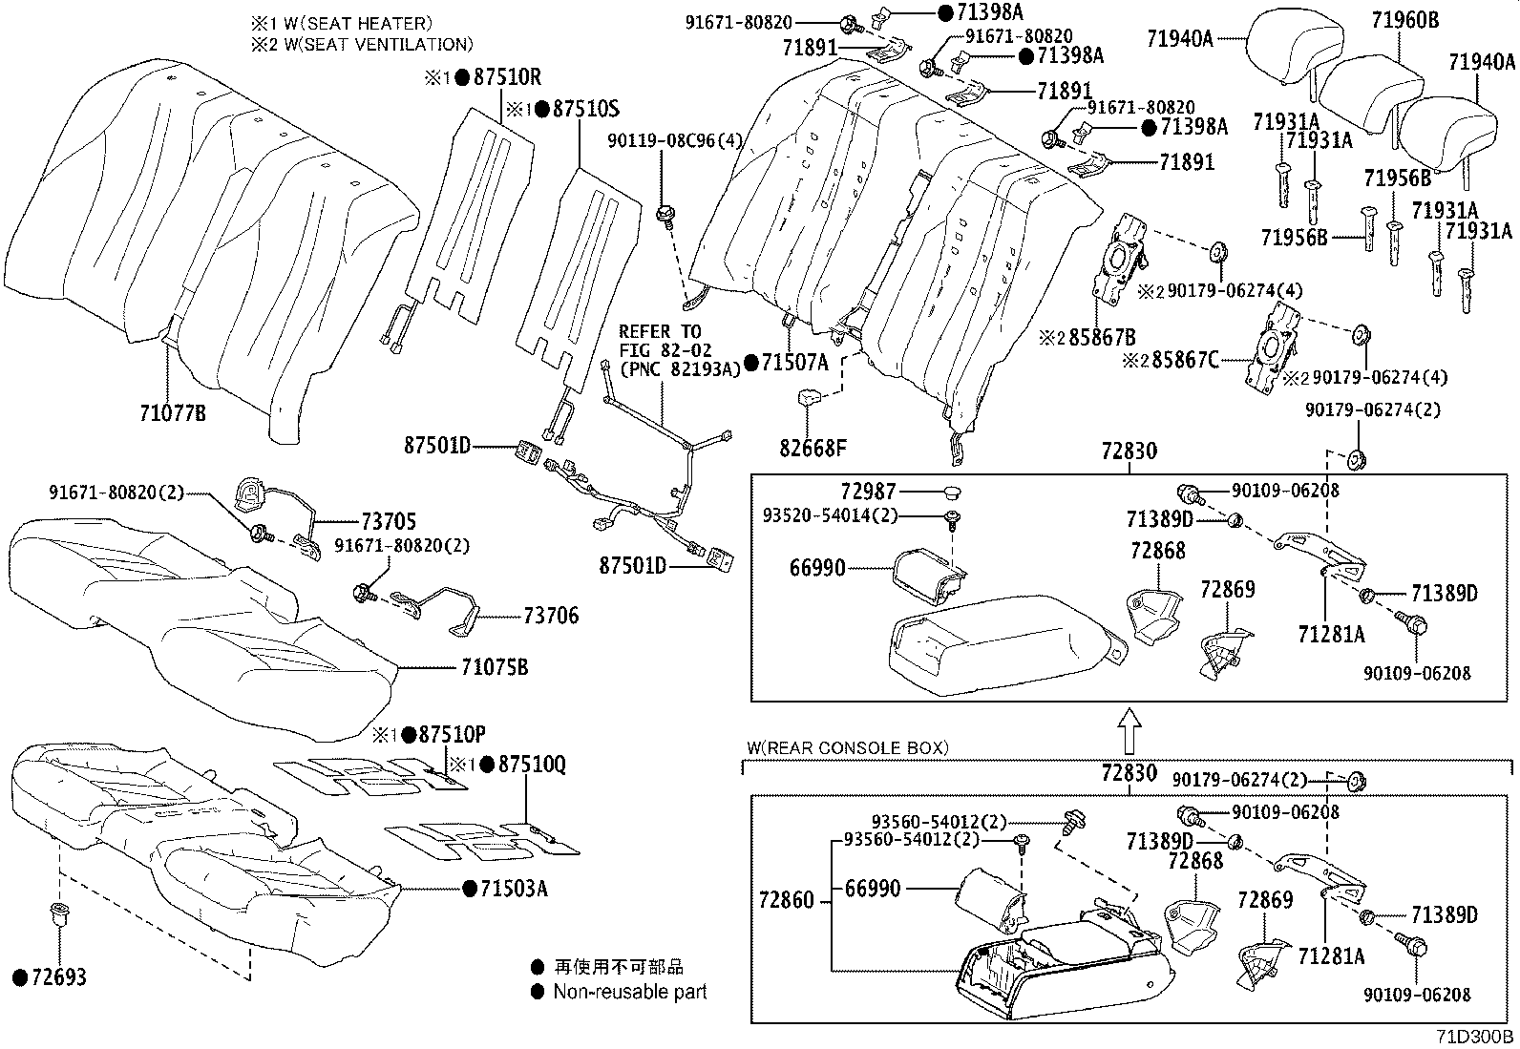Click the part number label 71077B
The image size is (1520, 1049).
tap(173, 412)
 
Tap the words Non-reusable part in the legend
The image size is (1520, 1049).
tap(630, 992)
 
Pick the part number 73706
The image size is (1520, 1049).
tap(550, 616)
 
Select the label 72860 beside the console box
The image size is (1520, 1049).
tap(787, 899)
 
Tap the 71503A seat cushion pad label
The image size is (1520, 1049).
tap(513, 889)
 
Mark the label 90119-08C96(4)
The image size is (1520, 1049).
tap(675, 140)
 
